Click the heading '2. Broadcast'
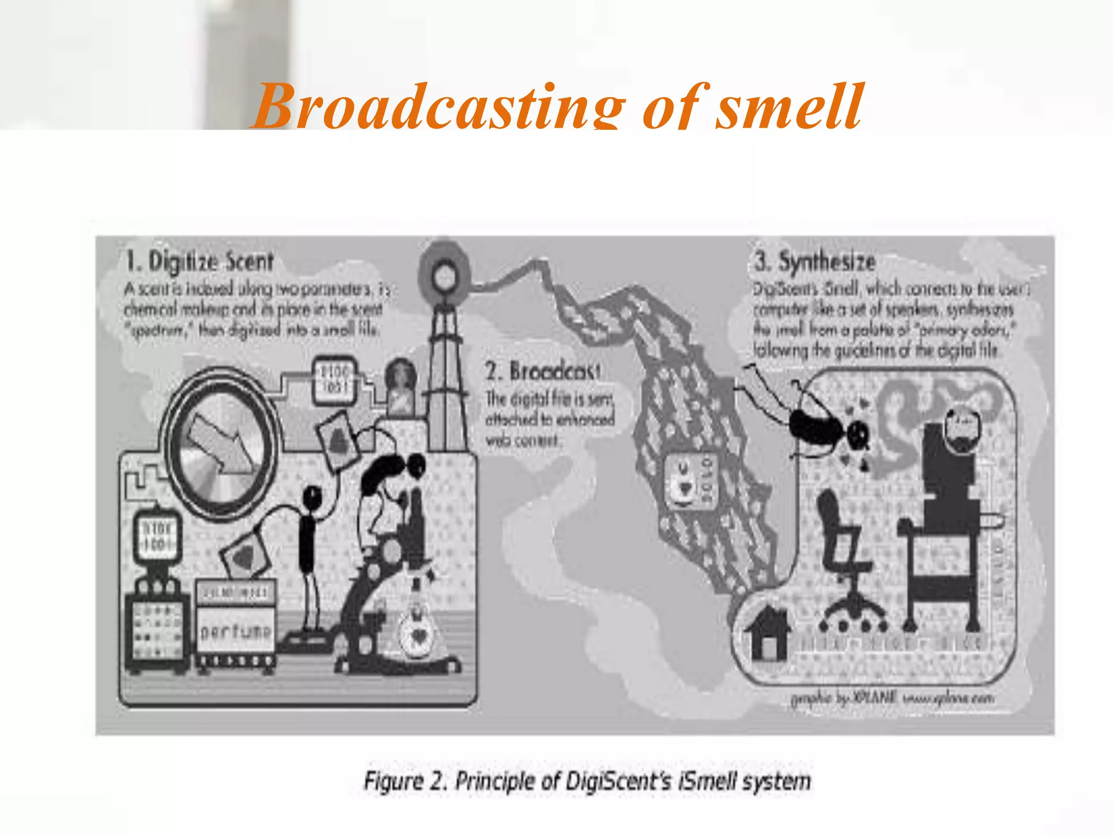[x=543, y=372]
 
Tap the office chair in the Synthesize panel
[x=846, y=560]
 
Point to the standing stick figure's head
[x=312, y=496]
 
